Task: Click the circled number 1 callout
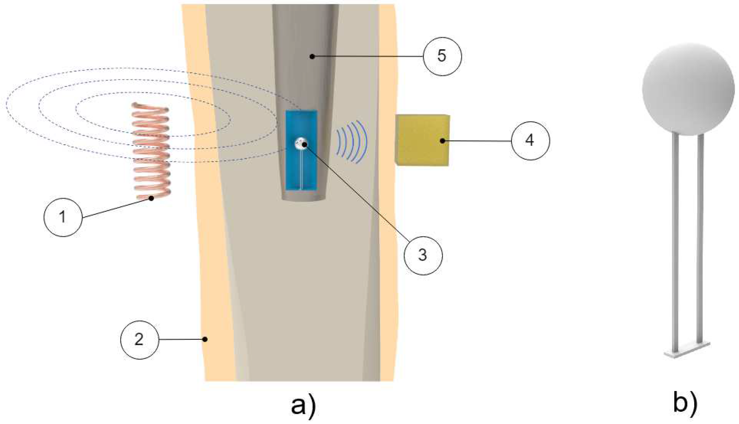[63, 217]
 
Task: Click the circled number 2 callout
[140, 340]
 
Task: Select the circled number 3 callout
[423, 255]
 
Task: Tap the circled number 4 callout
[530, 141]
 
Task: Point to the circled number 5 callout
[442, 56]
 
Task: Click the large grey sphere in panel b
[688, 90]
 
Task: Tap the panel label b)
[685, 402]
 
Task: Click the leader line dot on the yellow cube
[442, 141]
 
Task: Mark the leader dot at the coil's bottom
[151, 198]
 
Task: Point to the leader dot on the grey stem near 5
[311, 56]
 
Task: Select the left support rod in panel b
[676, 244]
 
